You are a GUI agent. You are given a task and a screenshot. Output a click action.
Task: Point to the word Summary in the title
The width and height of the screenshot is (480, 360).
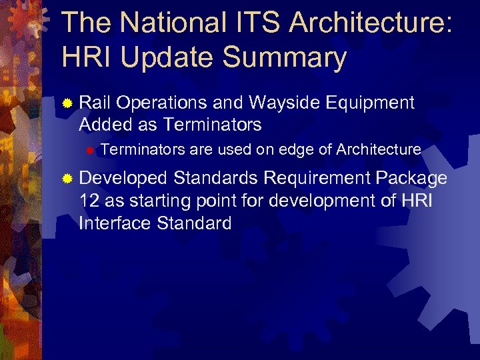[x=291, y=59]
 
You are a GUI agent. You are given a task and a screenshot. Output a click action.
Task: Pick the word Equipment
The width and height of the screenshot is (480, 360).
[x=370, y=103]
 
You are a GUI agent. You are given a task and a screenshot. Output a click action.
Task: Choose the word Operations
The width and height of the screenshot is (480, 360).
[x=163, y=103]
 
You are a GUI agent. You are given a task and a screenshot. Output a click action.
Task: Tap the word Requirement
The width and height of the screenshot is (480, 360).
[x=317, y=178]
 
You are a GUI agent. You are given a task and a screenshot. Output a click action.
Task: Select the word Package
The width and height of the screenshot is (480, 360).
[x=411, y=178]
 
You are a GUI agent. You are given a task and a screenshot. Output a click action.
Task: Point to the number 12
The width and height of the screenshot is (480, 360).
[x=89, y=201]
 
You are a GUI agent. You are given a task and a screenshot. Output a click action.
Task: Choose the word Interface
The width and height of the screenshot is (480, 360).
[x=115, y=223]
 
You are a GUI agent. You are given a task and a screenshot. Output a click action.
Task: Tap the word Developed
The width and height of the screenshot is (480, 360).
[x=123, y=179]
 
